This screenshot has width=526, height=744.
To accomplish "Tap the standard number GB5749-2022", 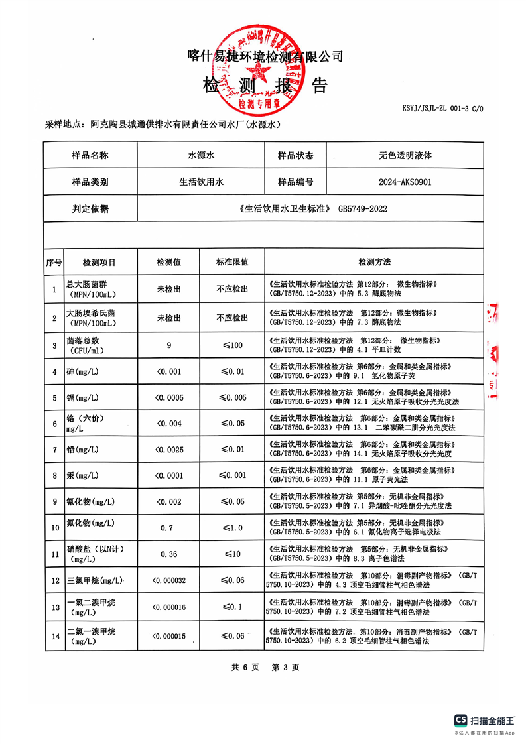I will pos(363,208).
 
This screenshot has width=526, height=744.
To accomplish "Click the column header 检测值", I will pos(168,262).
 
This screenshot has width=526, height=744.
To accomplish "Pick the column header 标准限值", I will pos(232,262).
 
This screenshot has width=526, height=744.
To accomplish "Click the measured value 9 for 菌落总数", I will pos(169,345).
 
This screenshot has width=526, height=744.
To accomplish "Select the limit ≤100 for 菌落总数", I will pos(232,345).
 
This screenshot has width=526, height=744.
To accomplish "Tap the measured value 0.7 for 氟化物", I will pos(168,528).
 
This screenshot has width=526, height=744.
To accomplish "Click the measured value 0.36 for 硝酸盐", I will pos(168,554).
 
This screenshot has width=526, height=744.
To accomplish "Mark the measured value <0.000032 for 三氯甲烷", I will pos(168,580).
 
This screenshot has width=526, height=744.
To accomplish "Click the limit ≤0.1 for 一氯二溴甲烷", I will pos(232,606).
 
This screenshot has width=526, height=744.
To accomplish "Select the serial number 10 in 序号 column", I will pos(54,528).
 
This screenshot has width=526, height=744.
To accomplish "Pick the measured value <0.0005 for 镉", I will pos(168,398).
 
